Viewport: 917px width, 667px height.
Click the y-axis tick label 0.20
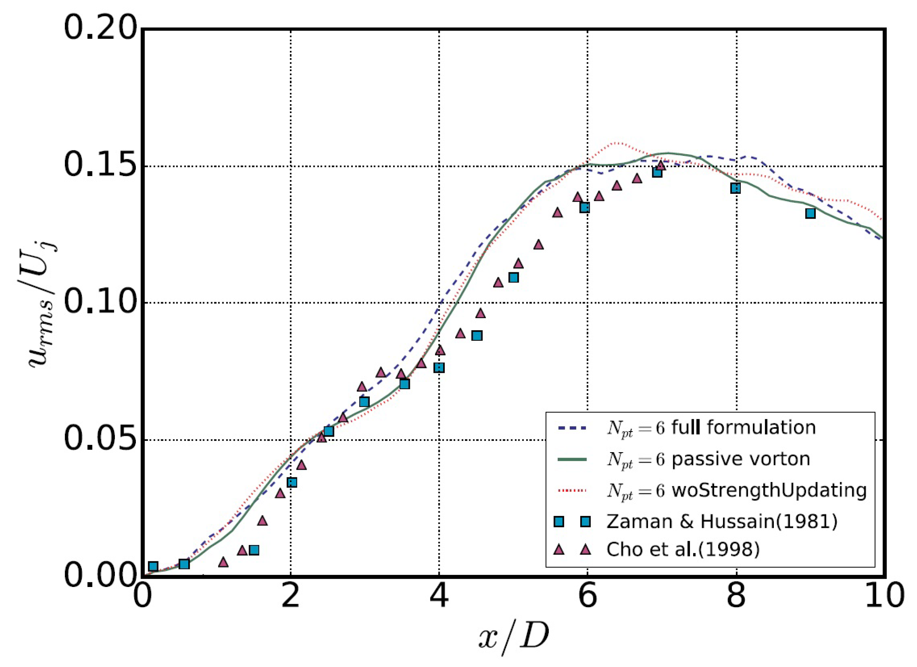tap(99, 29)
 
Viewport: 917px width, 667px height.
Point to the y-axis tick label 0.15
tap(99, 165)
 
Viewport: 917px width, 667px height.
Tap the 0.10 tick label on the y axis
tap(99, 302)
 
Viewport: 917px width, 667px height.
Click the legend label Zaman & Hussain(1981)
tap(722, 522)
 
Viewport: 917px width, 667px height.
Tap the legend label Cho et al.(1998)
tap(683, 550)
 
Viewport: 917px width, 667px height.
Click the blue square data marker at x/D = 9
tap(810, 213)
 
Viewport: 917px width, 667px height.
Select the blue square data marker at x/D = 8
tap(735, 188)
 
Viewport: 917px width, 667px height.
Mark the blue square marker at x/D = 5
tap(513, 278)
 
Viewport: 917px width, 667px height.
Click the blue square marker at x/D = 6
tap(585, 207)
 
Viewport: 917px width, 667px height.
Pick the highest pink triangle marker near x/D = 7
tap(660, 165)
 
